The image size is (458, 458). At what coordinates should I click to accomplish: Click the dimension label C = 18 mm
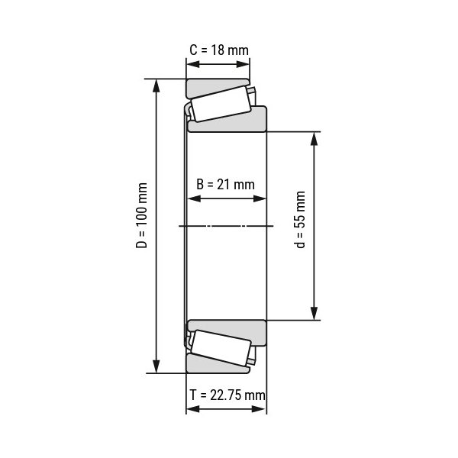pos(219,50)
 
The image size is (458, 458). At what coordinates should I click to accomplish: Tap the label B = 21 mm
pos(225,185)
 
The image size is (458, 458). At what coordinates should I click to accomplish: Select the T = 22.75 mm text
pos(227,395)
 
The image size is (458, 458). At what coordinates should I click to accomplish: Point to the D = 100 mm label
pos(142,215)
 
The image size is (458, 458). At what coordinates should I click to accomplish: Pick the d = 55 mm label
pos(300,220)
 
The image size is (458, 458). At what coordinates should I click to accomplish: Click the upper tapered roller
pos(221,104)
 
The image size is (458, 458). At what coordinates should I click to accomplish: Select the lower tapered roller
pos(221,347)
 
